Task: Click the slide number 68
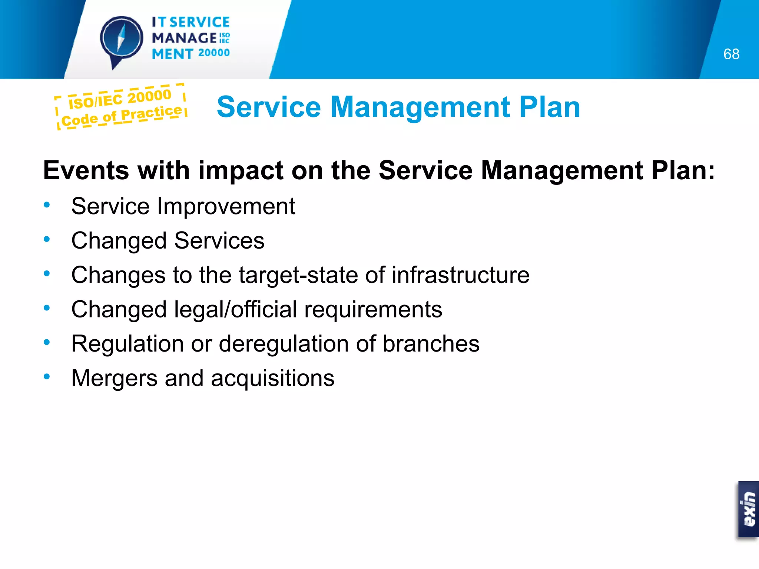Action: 731,54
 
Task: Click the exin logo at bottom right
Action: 748,509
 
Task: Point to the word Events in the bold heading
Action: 86,171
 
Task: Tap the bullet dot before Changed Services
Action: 47,239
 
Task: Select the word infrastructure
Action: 461,275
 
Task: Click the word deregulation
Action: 284,344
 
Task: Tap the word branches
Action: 431,344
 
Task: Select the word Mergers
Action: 115,379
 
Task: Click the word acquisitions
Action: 273,379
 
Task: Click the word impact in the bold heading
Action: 241,171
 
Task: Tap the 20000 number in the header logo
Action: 214,53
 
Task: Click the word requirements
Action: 373,310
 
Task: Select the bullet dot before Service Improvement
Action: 47,205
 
